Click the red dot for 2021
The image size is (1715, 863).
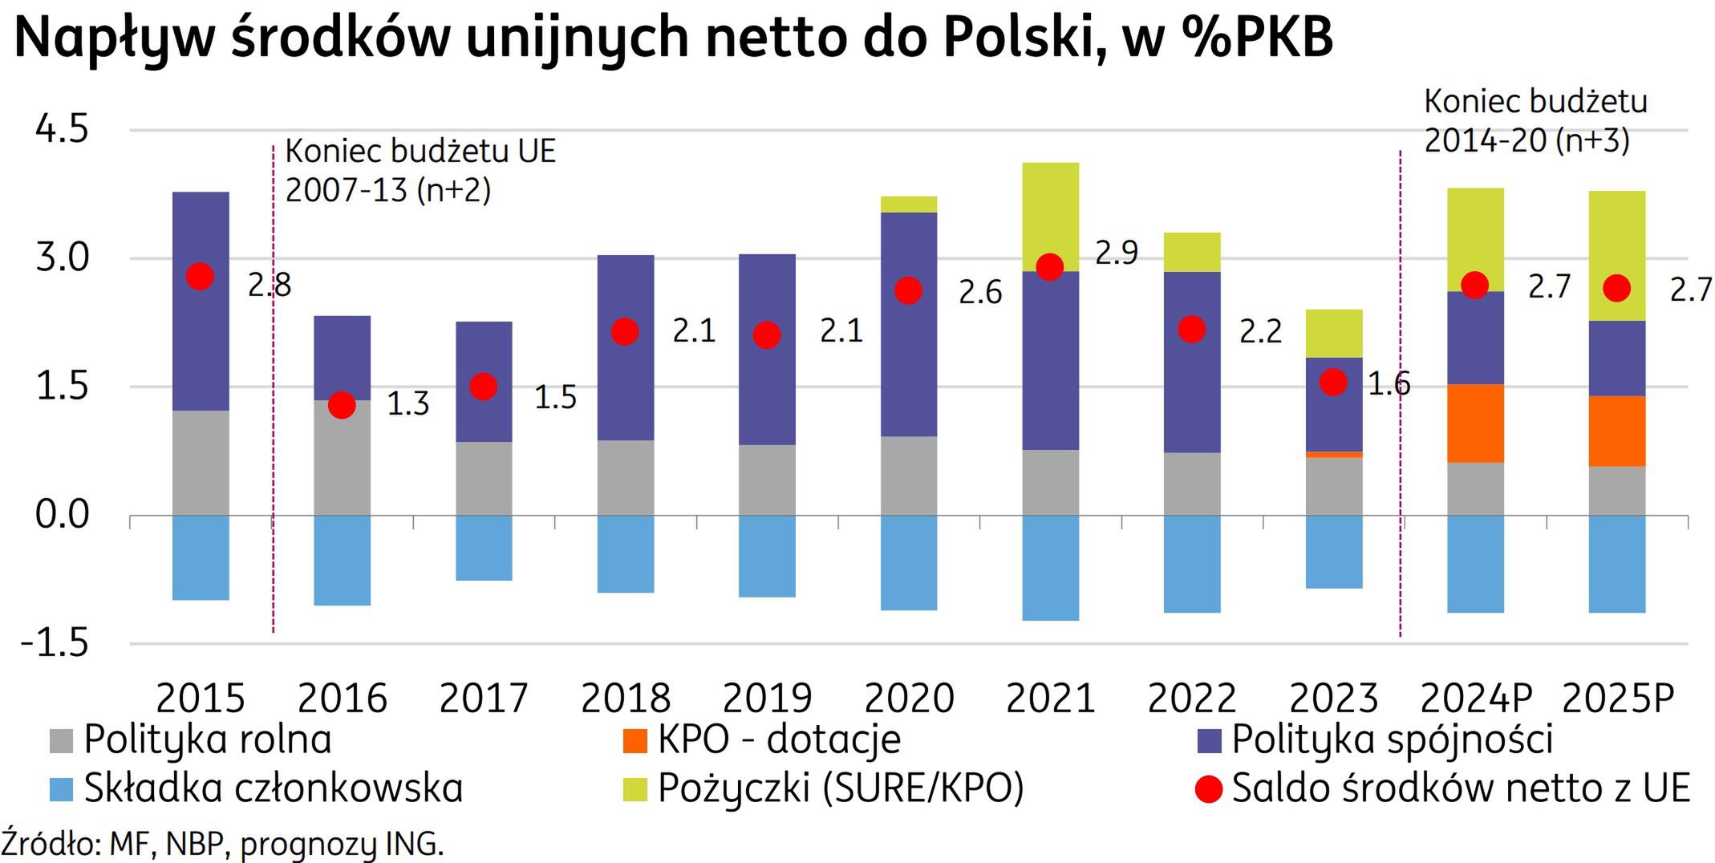coord(1049,267)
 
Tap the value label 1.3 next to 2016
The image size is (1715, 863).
coord(407,404)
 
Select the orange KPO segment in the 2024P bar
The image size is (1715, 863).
coord(1474,423)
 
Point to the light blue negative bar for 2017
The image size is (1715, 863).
coord(484,548)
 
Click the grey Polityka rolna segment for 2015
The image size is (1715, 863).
coord(201,463)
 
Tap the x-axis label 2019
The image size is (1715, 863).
coord(767,698)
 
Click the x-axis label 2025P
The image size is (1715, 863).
coord(1617,698)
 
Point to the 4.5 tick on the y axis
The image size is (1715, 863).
coord(62,129)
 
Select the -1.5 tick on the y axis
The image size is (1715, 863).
coord(55,643)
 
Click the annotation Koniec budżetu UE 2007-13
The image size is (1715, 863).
coord(420,170)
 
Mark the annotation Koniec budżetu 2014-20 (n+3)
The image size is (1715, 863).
coord(1534,121)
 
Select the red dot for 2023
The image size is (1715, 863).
coord(1333,382)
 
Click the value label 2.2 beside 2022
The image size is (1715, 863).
coord(1259,331)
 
